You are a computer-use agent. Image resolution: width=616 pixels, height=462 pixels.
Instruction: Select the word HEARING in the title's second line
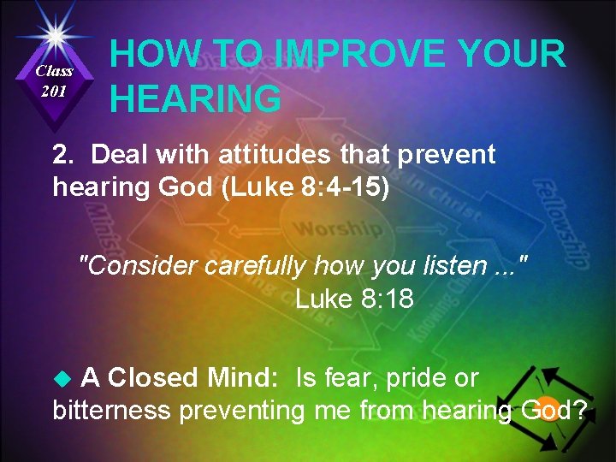coord(196,99)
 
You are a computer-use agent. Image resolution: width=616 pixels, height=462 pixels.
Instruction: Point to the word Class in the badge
coord(54,71)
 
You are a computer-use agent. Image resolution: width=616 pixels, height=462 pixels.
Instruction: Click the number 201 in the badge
coord(53,92)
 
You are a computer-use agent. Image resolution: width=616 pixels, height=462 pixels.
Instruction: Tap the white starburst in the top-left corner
coord(55,35)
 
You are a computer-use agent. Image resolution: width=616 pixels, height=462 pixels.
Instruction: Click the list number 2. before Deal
coord(66,155)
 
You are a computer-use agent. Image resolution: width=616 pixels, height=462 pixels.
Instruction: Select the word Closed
coord(149,377)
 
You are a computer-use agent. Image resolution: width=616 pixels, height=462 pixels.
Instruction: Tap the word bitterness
coord(112,411)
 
